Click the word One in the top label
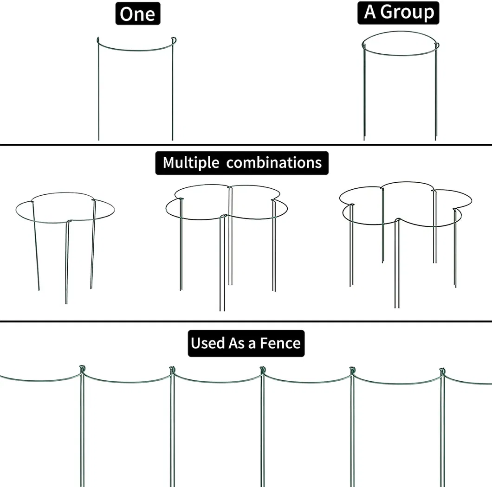coord(137,14)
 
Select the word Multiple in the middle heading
coord(191,163)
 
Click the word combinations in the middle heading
coord(274,163)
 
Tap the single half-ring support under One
coord(135,88)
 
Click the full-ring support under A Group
coord(400,86)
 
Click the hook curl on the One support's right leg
coord(173,40)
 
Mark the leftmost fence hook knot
coord(83,369)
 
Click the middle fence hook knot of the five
coord(263,370)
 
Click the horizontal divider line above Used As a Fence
coord(246,321)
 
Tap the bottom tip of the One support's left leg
coord(98,139)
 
